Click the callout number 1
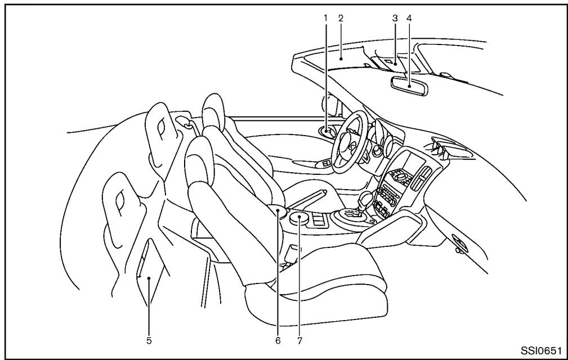[x=325, y=17]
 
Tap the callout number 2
[x=341, y=17]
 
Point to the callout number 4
[x=409, y=17]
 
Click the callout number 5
[x=149, y=340]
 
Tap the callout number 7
[x=299, y=340]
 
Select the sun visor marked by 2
[x=341, y=57]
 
